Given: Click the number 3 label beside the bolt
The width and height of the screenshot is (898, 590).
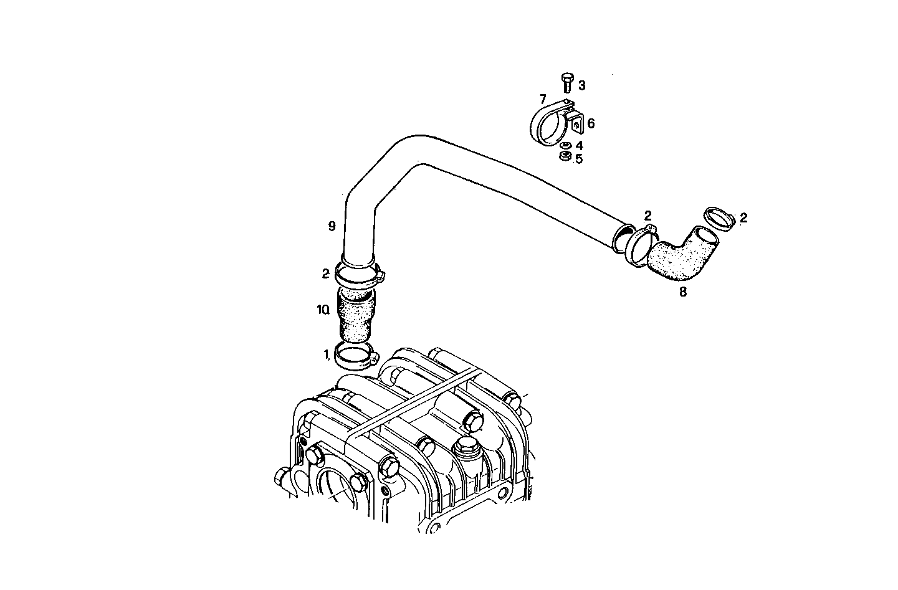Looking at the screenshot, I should (x=581, y=85).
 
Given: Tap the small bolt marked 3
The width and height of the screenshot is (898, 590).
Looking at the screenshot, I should (x=566, y=82).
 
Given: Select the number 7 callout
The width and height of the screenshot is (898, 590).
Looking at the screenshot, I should (x=543, y=99).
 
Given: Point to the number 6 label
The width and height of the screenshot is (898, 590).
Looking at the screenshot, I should (x=590, y=123).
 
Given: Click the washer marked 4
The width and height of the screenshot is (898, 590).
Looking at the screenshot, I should (x=565, y=145).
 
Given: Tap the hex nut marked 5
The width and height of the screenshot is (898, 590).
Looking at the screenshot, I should (x=565, y=156).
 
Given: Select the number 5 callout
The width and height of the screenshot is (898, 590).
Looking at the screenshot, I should (x=579, y=159).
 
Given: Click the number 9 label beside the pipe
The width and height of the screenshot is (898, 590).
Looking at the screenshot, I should (x=332, y=226).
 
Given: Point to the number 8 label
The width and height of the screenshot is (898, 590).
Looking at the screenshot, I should (x=683, y=292).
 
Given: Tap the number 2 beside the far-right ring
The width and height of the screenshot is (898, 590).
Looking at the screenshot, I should (x=743, y=218).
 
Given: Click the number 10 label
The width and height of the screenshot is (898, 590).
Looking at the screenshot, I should (x=322, y=310).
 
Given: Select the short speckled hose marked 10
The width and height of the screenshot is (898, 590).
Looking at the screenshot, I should (x=356, y=315).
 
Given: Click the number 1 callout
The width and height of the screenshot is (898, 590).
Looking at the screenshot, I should (x=326, y=354).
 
